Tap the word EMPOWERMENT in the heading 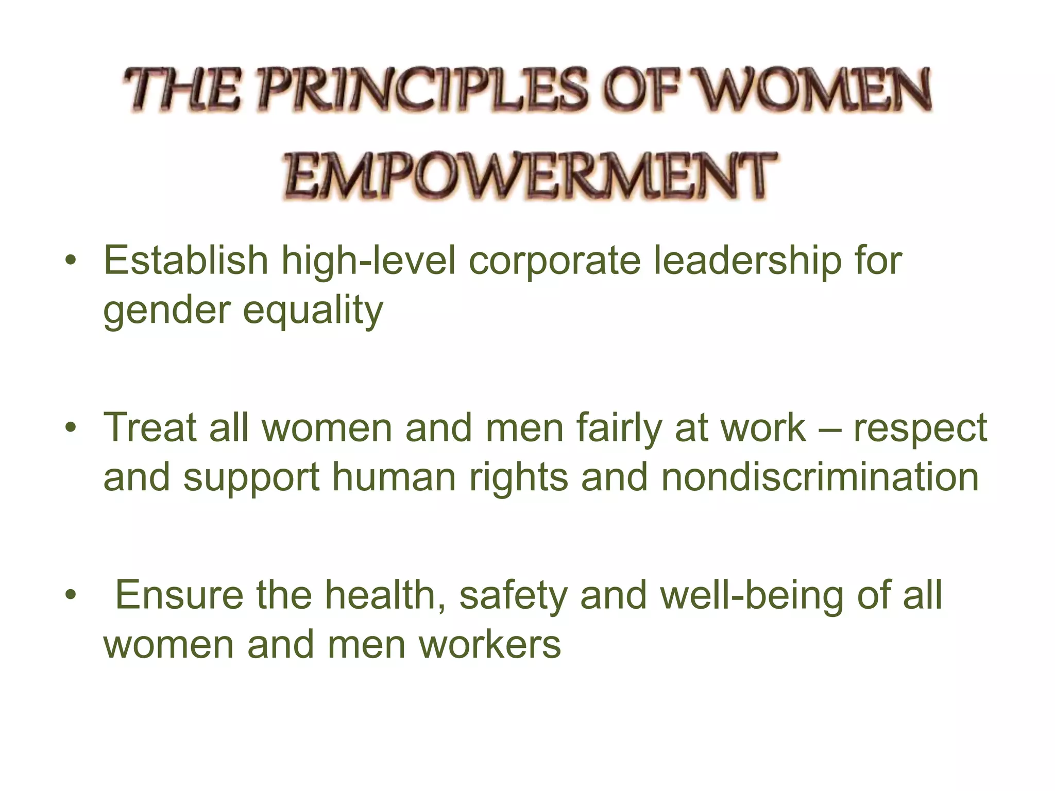point(529,177)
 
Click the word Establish point(186,261)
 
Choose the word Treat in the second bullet point(150,427)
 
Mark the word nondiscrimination point(820,477)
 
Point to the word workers point(489,644)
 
